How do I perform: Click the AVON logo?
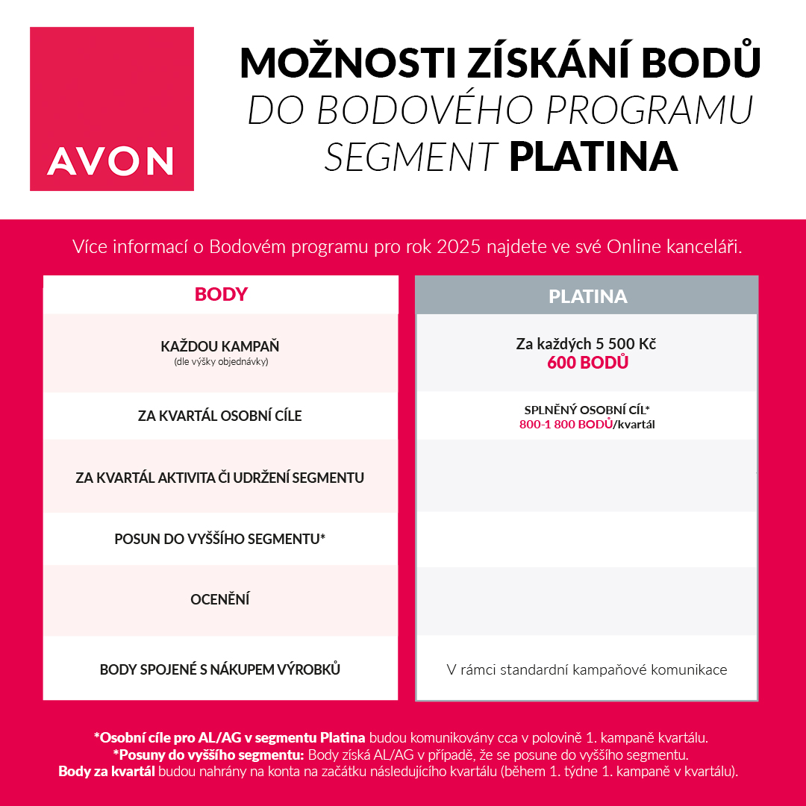[x=112, y=109]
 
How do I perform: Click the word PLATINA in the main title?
[x=593, y=157]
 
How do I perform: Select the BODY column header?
[x=221, y=294]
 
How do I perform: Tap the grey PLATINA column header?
[x=587, y=296]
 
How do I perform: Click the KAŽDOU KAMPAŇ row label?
[x=220, y=347]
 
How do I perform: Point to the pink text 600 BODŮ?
[x=587, y=363]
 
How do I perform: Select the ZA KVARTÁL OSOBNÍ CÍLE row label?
[x=220, y=416]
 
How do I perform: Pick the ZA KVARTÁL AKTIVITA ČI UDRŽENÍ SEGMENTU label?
[x=220, y=477]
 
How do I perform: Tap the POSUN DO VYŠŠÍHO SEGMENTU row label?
[x=220, y=538]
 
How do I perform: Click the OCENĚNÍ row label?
[x=220, y=599]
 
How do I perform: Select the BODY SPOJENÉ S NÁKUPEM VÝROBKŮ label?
[x=220, y=669]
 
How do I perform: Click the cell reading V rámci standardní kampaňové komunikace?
[x=587, y=669]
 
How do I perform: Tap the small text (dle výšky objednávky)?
[x=220, y=362]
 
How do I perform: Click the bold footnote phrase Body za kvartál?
[x=107, y=771]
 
